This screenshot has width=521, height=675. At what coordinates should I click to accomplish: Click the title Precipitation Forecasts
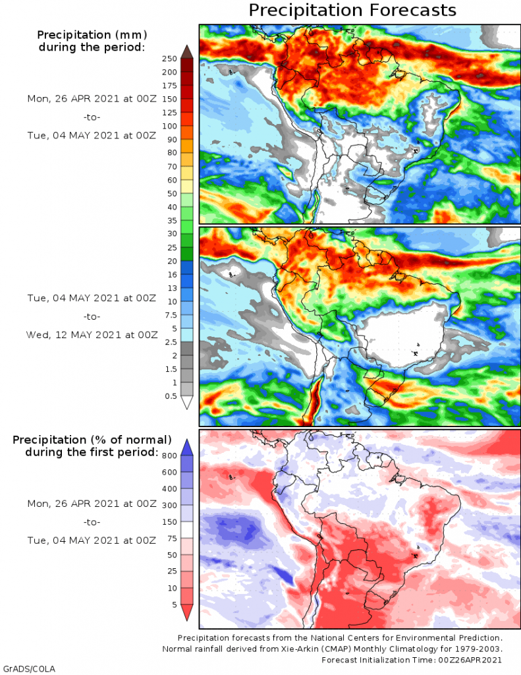(x=352, y=11)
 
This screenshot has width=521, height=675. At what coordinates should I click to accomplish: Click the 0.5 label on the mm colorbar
(x=170, y=396)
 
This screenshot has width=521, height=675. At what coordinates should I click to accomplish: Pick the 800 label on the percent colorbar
(x=170, y=455)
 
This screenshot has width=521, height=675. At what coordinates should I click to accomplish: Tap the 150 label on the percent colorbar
(x=170, y=521)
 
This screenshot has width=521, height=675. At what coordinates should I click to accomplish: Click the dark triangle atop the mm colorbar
(x=186, y=51)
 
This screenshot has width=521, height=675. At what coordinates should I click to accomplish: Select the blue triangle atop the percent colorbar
(x=186, y=447)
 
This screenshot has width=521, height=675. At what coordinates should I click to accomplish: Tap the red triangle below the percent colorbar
(x=186, y=613)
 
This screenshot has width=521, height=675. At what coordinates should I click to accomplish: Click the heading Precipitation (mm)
(x=92, y=34)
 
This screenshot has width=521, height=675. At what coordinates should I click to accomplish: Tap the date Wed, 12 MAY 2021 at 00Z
(x=92, y=334)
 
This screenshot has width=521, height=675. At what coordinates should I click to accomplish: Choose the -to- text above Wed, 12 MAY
(x=92, y=316)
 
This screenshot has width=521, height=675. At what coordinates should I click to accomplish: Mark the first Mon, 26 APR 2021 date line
(x=92, y=98)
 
